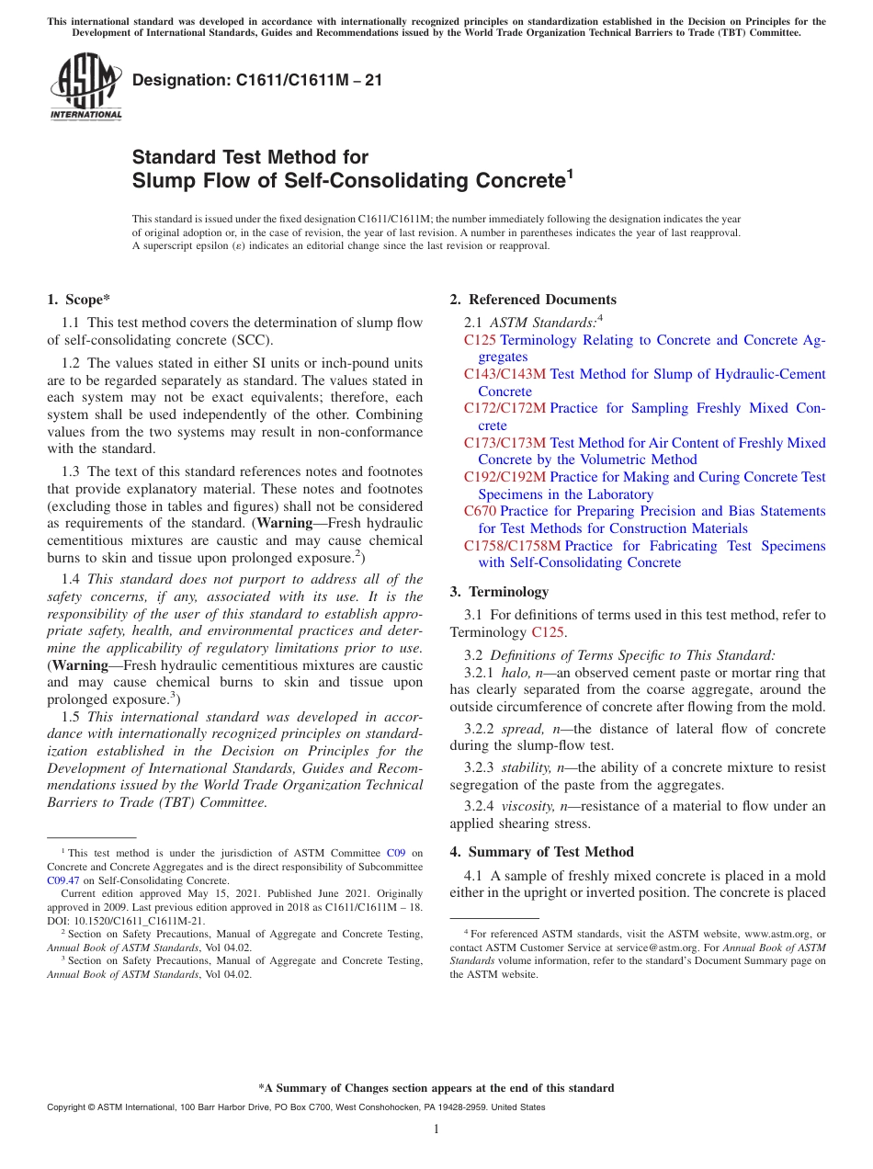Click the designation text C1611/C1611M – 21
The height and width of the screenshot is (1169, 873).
point(257,81)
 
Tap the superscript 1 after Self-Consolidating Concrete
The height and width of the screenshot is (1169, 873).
point(570,172)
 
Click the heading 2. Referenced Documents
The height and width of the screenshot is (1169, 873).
point(533,300)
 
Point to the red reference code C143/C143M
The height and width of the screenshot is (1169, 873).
point(505,374)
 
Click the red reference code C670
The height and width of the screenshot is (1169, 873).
point(480,511)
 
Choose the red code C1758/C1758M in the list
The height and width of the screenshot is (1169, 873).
point(512,546)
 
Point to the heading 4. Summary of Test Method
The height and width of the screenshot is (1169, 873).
point(541,852)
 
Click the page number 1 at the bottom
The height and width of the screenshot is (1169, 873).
point(436,1129)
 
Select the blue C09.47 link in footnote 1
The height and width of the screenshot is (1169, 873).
point(63,880)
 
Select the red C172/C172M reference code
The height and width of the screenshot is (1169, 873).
point(505,408)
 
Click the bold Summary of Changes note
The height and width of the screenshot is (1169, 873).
point(436,1088)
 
